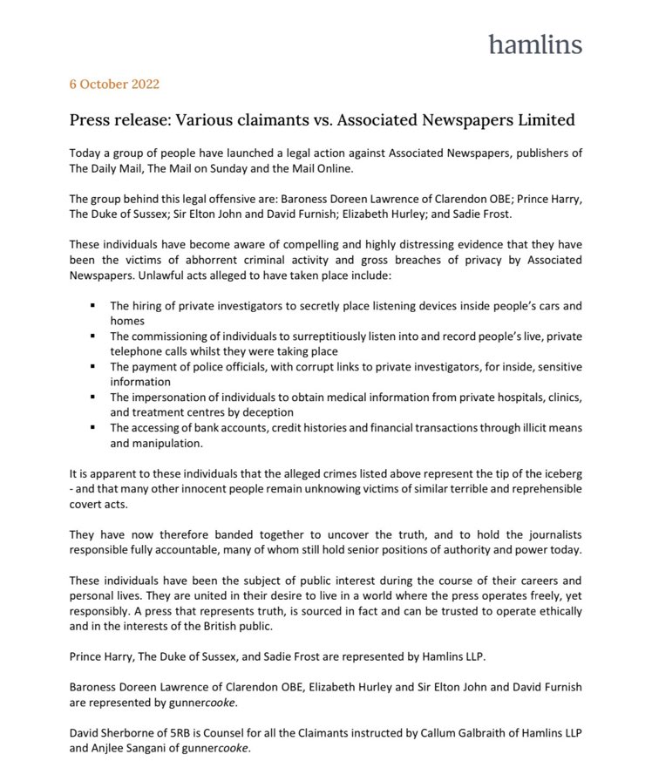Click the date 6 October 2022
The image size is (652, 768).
114,85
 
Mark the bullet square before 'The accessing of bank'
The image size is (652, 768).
92,428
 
